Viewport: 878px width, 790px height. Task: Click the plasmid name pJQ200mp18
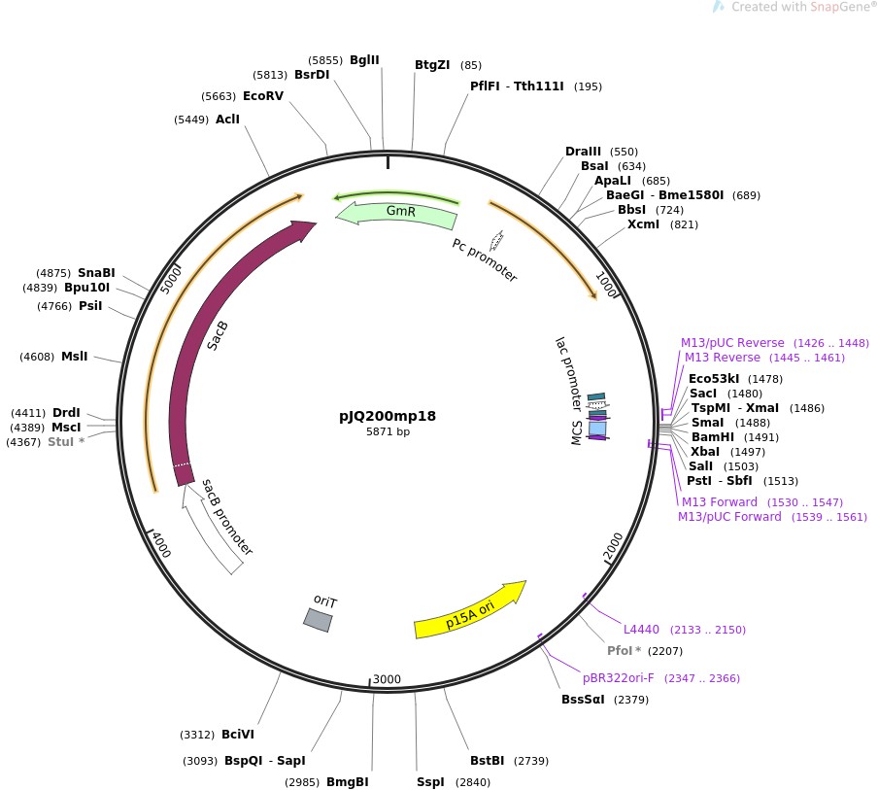pyautogui.click(x=388, y=416)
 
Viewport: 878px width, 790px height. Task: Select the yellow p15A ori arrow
pyautogui.click(x=469, y=609)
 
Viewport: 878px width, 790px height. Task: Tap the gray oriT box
pyautogui.click(x=318, y=619)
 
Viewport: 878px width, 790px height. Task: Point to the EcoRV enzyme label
pyautogui.click(x=263, y=95)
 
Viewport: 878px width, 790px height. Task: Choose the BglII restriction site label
pyautogui.click(x=364, y=60)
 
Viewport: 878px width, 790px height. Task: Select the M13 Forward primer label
pyautogui.click(x=720, y=501)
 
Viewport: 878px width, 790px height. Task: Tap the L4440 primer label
pyautogui.click(x=641, y=630)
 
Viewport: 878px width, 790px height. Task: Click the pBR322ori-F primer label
pyautogui.click(x=619, y=677)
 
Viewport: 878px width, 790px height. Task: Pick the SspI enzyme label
pyautogui.click(x=430, y=781)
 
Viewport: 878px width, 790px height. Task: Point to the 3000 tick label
pyautogui.click(x=388, y=679)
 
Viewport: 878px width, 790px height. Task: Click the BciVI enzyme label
pyautogui.click(x=238, y=734)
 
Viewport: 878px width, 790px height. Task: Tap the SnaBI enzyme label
pyautogui.click(x=96, y=272)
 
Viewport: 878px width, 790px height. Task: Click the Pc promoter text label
pyautogui.click(x=485, y=259)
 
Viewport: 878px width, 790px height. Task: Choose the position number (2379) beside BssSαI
pyautogui.click(x=633, y=700)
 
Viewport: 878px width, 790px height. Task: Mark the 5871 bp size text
pyautogui.click(x=388, y=431)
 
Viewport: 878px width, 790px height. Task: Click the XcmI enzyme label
pyautogui.click(x=643, y=224)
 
